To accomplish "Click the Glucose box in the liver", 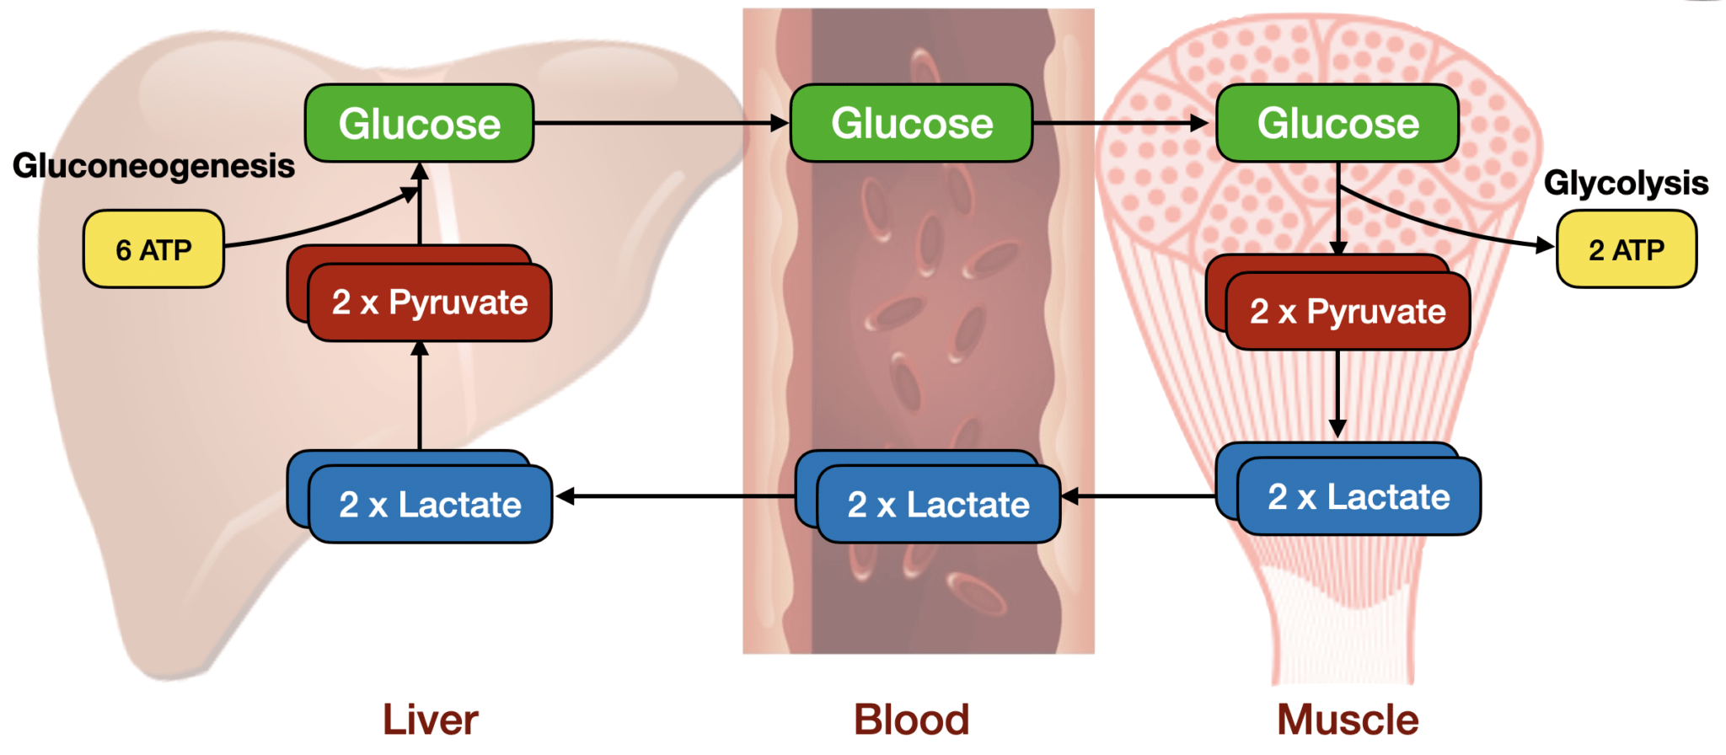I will pos(419,124).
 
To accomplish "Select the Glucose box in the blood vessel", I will pos(911,124).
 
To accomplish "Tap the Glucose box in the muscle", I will pos(1337,124).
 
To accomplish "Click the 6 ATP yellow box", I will pos(153,249).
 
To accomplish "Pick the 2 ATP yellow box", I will pos(1626,249).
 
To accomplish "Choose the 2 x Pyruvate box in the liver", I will pos(429,303).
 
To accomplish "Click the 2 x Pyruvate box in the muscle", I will pos(1347,311).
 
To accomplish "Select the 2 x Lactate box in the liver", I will pos(430,504).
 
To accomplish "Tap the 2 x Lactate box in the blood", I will pos(938,504).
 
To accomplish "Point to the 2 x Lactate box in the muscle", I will pos(1358,496).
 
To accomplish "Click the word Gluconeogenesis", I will pos(153,166).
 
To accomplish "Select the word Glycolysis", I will pos(1625,183).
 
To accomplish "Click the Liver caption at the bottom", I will pos(430,720).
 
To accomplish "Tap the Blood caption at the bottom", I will pos(911,720).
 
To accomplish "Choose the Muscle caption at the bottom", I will pos(1347,720).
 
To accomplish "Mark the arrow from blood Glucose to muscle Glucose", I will pos(1121,124).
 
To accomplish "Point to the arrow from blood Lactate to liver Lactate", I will pos(674,496).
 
